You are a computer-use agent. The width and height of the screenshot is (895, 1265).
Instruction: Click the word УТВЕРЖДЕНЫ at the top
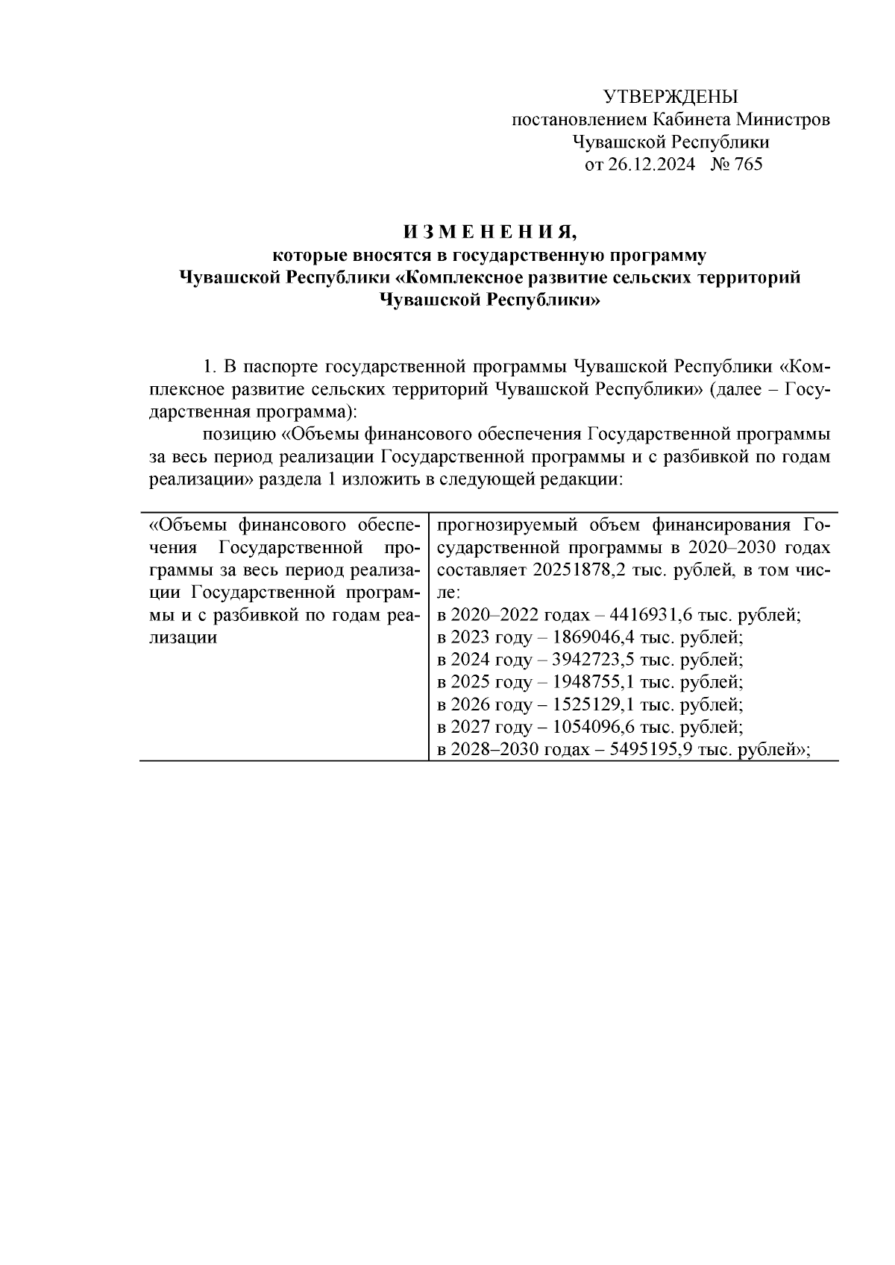(x=670, y=97)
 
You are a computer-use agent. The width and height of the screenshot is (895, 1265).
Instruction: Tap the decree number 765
(x=748, y=165)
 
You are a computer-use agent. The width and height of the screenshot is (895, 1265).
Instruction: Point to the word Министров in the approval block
(x=782, y=119)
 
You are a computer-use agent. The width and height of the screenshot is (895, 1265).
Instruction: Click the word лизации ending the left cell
(x=183, y=638)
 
